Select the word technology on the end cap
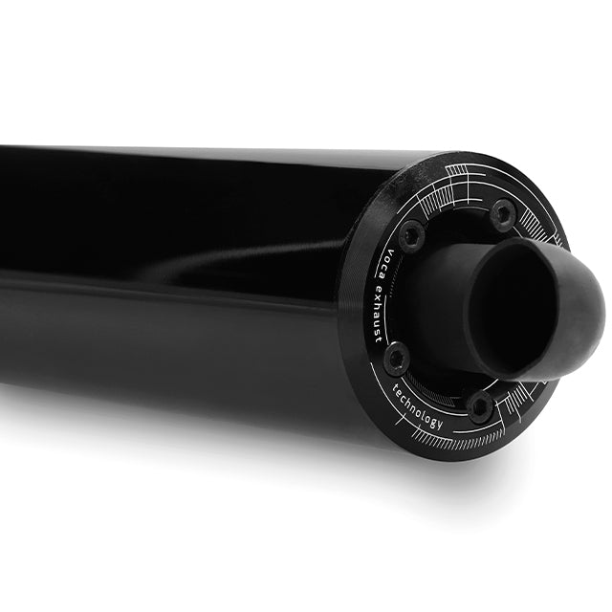tap(418, 406)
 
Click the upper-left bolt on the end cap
tap(411, 232)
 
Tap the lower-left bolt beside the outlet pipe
tap(395, 359)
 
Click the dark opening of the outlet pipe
tap(521, 311)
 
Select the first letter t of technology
tap(398, 386)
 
